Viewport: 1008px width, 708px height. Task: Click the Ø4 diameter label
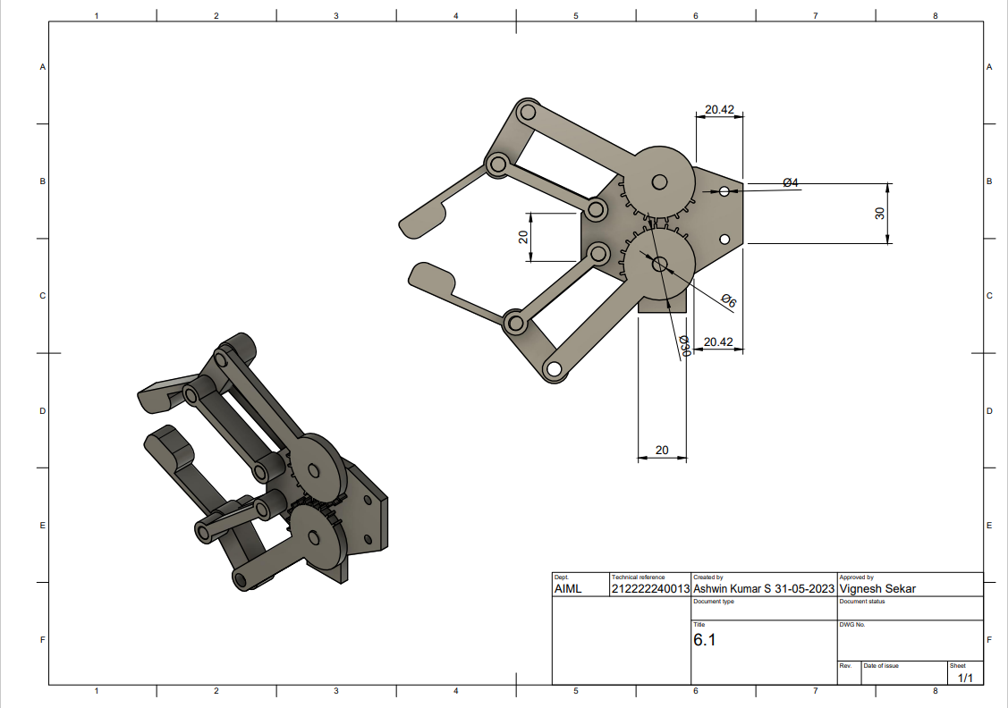[790, 182]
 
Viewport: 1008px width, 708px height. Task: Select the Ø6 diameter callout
[728, 301]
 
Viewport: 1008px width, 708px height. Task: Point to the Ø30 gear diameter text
[683, 346]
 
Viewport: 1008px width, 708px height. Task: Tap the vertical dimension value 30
[879, 213]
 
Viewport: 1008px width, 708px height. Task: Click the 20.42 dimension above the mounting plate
[718, 110]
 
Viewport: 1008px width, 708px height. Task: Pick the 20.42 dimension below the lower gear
[718, 341]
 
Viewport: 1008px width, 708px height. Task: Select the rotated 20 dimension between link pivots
[523, 236]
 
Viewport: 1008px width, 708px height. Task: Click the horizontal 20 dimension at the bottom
[662, 450]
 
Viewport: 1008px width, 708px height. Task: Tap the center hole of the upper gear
[659, 181]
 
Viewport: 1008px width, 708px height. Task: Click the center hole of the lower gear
[660, 264]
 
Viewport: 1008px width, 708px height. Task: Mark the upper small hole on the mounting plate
[724, 191]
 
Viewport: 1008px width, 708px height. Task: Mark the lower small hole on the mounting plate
[724, 239]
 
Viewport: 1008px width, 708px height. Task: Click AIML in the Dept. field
[568, 589]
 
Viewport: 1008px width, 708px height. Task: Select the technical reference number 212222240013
[650, 589]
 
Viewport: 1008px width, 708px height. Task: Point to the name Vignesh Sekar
[877, 589]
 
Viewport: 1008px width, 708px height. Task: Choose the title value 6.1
[705, 640]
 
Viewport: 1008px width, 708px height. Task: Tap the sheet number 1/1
[965, 678]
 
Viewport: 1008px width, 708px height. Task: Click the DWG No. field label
[852, 625]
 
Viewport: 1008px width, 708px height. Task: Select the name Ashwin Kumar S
[733, 589]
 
